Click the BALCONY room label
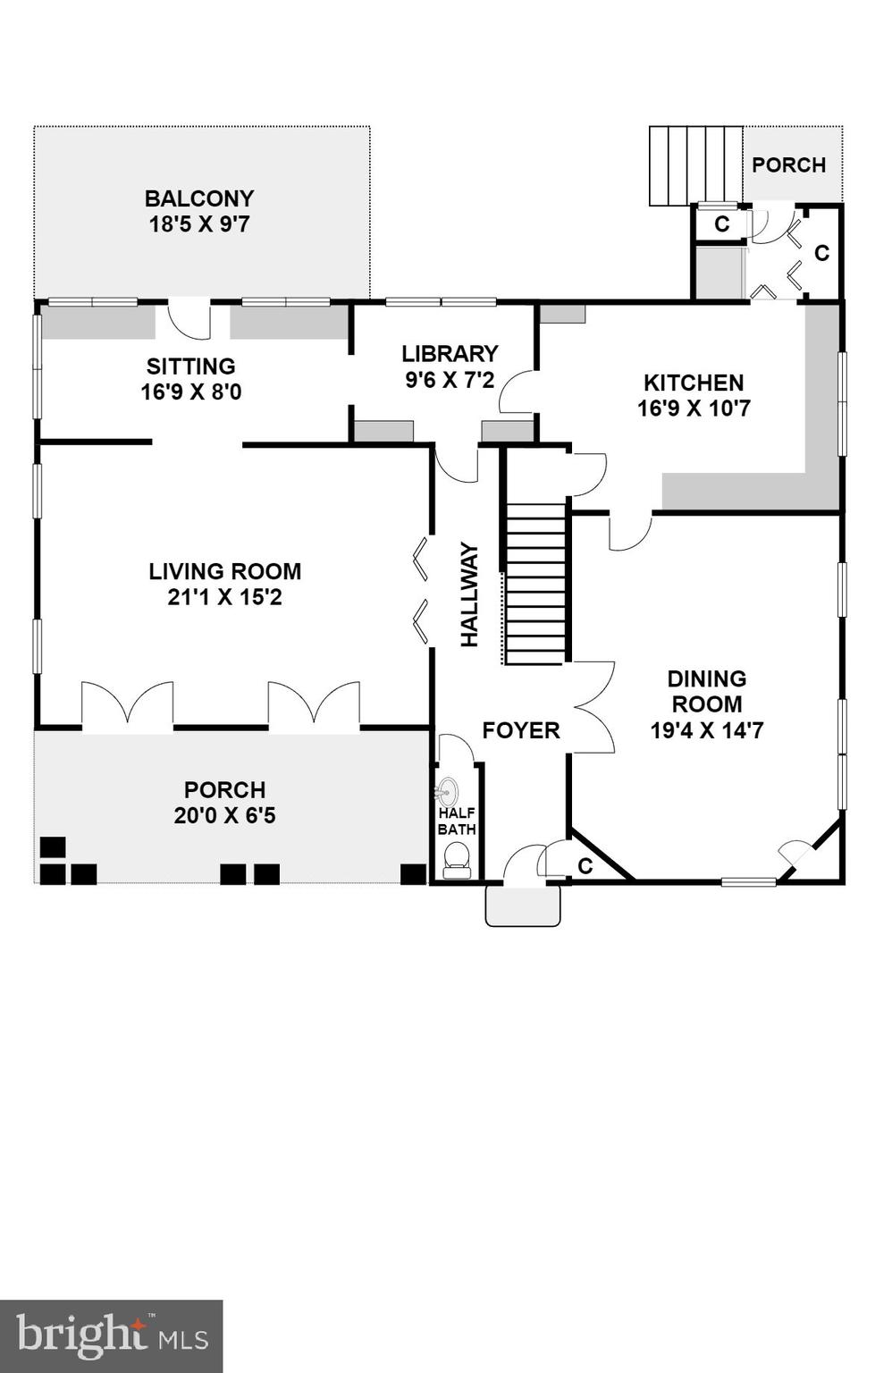click(x=199, y=198)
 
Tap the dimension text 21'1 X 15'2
click(x=224, y=597)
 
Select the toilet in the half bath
click(x=457, y=861)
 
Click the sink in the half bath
click(x=447, y=791)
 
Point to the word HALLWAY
click(x=470, y=594)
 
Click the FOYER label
click(x=520, y=730)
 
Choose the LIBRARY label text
click(x=450, y=354)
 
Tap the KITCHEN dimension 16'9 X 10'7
click(x=694, y=409)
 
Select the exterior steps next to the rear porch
click(x=695, y=164)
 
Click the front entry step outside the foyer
click(x=523, y=906)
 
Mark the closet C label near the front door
click(x=585, y=866)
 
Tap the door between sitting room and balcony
click(x=189, y=319)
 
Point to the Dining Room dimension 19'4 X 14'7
click(x=706, y=730)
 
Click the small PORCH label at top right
click(x=788, y=165)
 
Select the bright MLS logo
click(x=112, y=1335)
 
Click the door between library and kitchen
click(x=518, y=392)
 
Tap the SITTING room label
click(x=191, y=366)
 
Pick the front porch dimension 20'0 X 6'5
click(x=224, y=815)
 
